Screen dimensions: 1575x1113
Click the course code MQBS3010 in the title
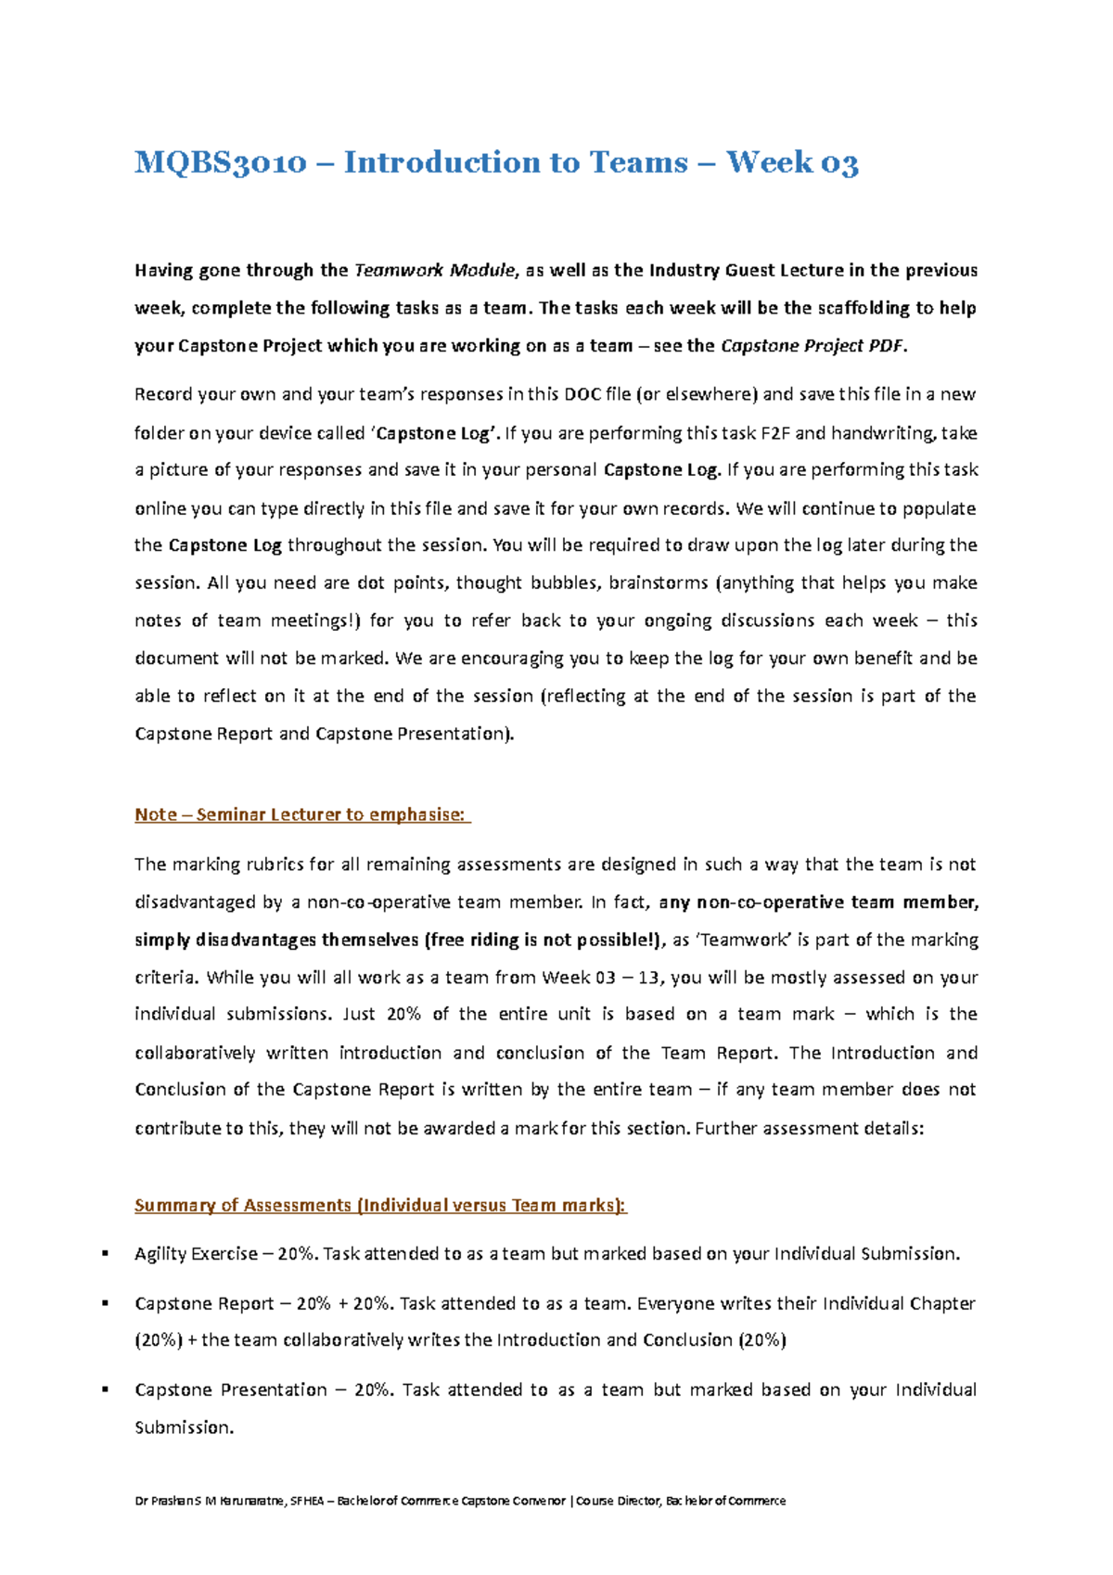[221, 163]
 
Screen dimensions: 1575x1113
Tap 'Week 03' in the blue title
[792, 163]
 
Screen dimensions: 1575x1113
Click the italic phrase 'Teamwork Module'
[435, 271]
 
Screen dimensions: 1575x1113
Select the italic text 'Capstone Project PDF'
[812, 346]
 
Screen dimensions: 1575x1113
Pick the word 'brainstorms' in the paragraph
[659, 583]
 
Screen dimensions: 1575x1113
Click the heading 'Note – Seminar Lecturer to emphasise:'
[302, 814]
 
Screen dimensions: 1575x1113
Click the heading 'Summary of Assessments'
[243, 1205]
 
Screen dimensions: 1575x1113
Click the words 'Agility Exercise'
[196, 1254]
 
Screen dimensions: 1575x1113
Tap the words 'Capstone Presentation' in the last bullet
[231, 1390]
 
